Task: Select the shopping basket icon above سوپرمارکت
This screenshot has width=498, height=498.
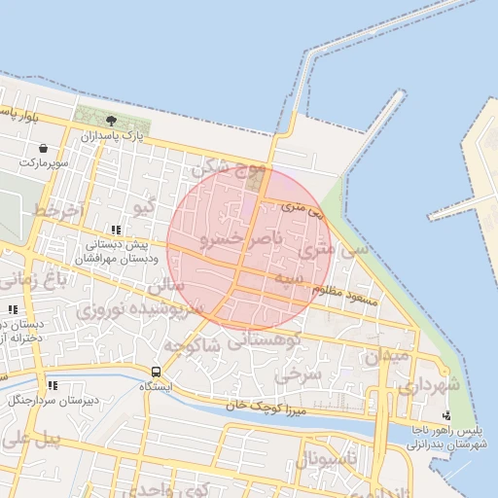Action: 45,147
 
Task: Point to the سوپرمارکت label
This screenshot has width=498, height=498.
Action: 42,162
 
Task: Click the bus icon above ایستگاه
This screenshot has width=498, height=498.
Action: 156,372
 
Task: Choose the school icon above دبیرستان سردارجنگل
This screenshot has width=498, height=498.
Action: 52,385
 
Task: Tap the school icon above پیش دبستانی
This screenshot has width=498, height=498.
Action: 116,231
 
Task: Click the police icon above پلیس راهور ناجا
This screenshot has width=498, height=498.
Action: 445,416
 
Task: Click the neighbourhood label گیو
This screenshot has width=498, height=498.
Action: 144,207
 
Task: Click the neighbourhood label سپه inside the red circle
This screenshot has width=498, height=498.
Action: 293,280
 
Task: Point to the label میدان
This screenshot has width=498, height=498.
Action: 387,355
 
